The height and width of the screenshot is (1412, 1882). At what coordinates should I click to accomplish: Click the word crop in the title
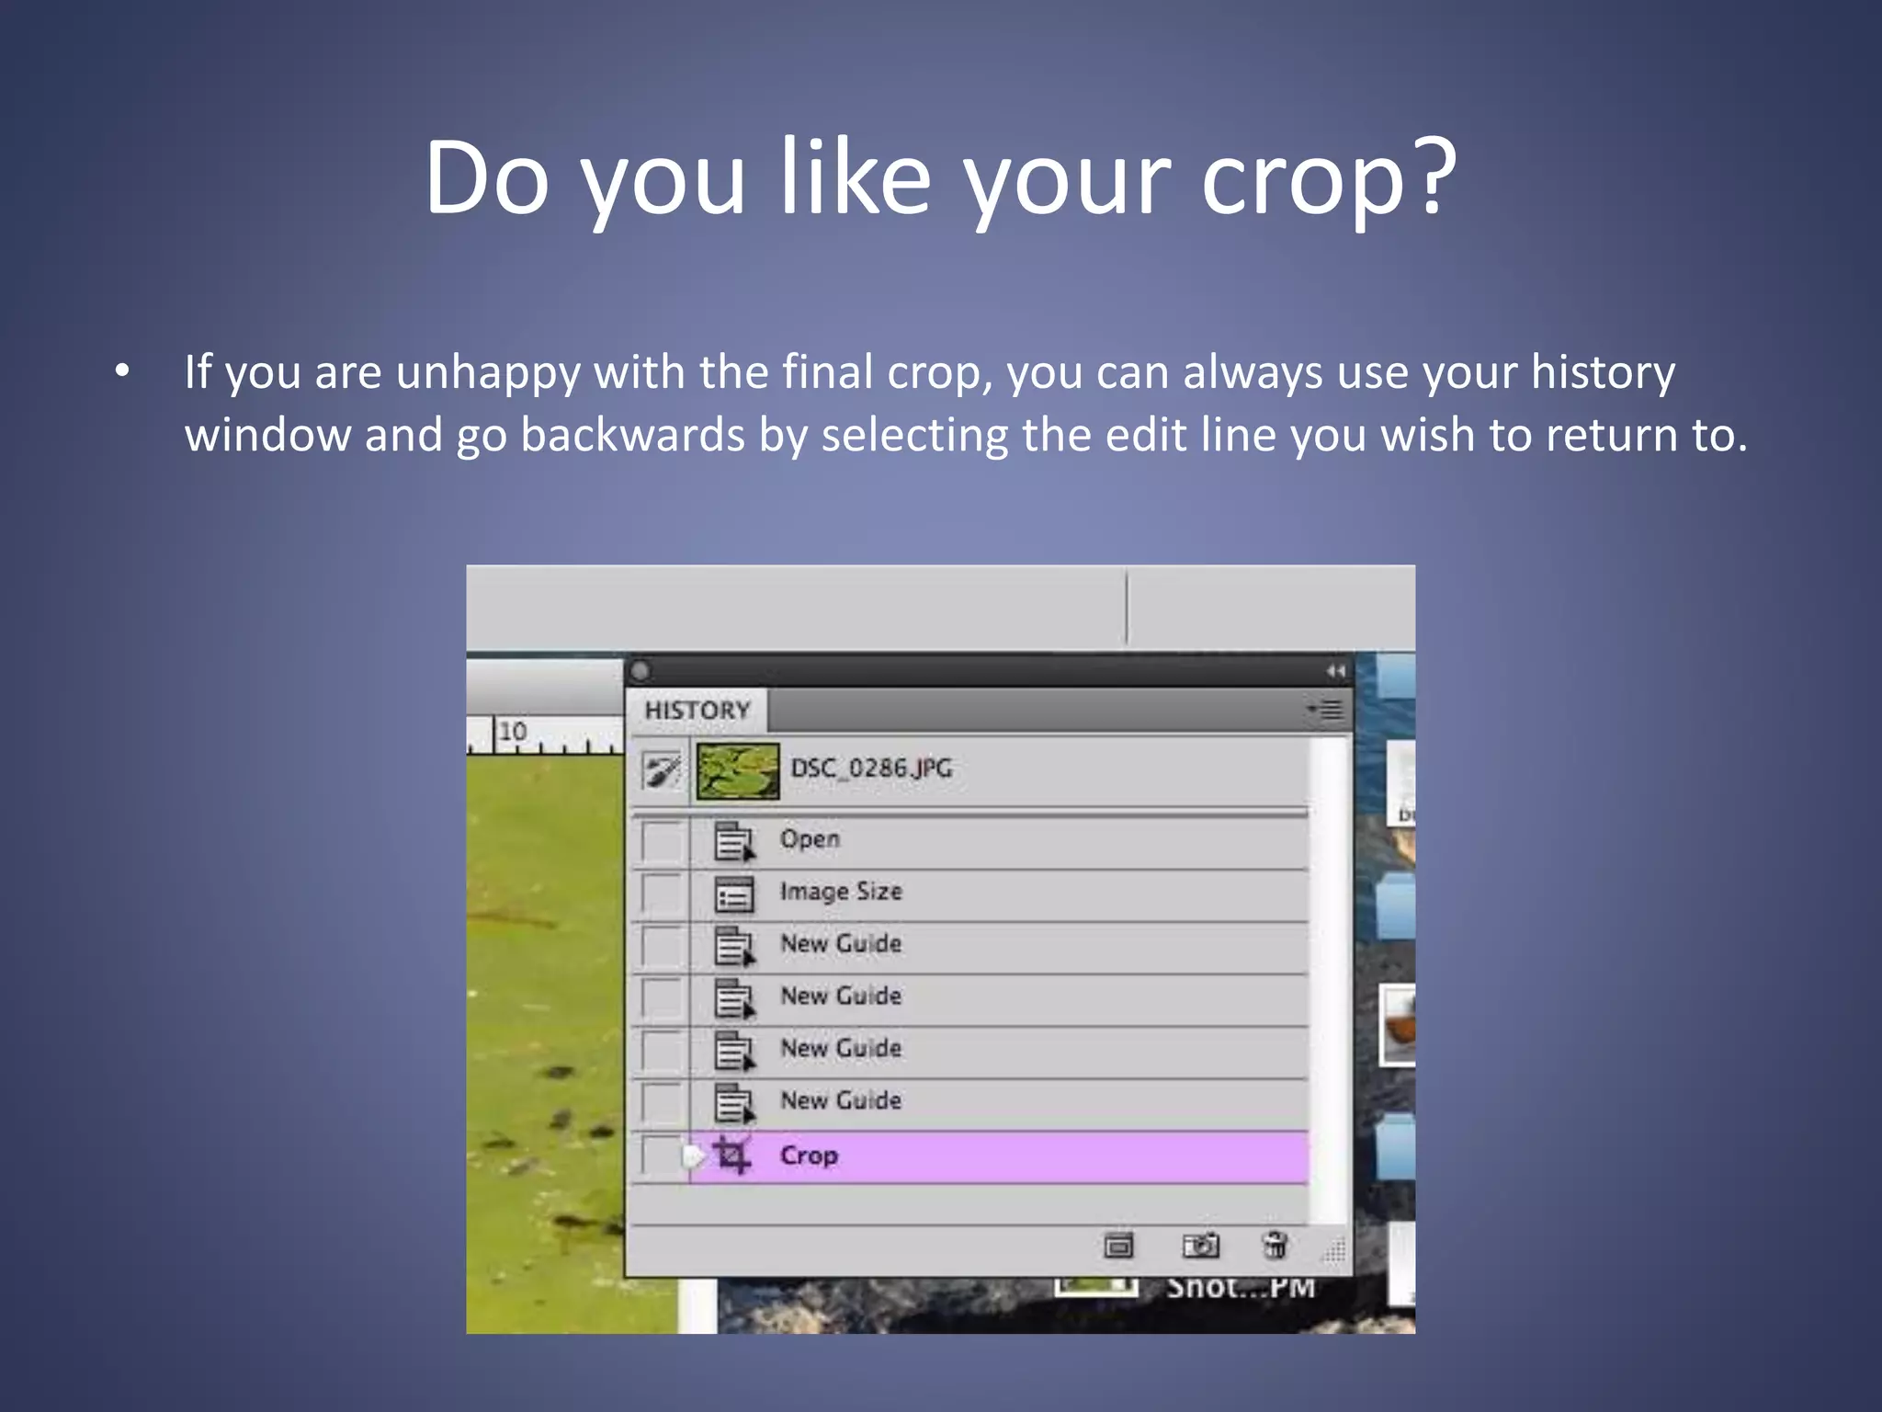pos(1300,178)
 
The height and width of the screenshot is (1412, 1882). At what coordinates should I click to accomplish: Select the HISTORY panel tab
pos(697,711)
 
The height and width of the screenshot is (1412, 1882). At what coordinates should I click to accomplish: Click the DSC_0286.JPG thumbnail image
pos(738,770)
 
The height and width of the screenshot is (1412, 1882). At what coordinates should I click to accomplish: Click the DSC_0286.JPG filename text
pos(871,769)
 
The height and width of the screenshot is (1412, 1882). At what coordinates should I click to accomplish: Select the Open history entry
pos(810,839)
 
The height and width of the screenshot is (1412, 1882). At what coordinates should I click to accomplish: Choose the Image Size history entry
pos(841,892)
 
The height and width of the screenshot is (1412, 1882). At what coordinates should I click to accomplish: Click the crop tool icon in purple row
pos(732,1156)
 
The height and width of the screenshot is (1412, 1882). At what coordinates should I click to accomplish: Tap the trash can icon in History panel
pos(1275,1246)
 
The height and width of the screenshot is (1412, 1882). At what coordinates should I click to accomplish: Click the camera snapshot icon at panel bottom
pos(1200,1246)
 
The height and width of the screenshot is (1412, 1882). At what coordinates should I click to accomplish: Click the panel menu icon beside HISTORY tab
pos(1326,710)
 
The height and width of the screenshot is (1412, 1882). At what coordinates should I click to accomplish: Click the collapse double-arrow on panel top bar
pos(1335,671)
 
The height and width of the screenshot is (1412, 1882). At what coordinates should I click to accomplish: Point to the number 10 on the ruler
pos(513,732)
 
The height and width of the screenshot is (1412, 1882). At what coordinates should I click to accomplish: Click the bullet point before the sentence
pos(122,372)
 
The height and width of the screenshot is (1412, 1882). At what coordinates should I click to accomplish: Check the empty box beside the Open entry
pos(662,841)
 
